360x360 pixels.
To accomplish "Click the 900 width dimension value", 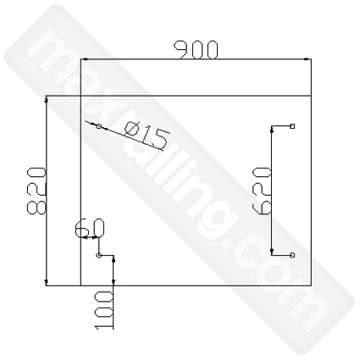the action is [x=197, y=50].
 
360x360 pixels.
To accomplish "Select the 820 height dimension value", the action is [x=36, y=191].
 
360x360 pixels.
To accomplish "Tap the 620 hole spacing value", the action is [x=262, y=191].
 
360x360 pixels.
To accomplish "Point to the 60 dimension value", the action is [x=90, y=227].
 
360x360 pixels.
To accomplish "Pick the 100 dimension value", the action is [x=104, y=310].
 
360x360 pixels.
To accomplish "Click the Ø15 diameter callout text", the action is [x=147, y=136].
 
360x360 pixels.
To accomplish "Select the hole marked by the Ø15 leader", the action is [x=98, y=126].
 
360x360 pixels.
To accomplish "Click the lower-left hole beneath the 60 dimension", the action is [x=98, y=255].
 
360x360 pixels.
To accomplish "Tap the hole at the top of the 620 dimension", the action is [x=292, y=126].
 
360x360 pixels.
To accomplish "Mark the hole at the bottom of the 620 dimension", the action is [x=292, y=255].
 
